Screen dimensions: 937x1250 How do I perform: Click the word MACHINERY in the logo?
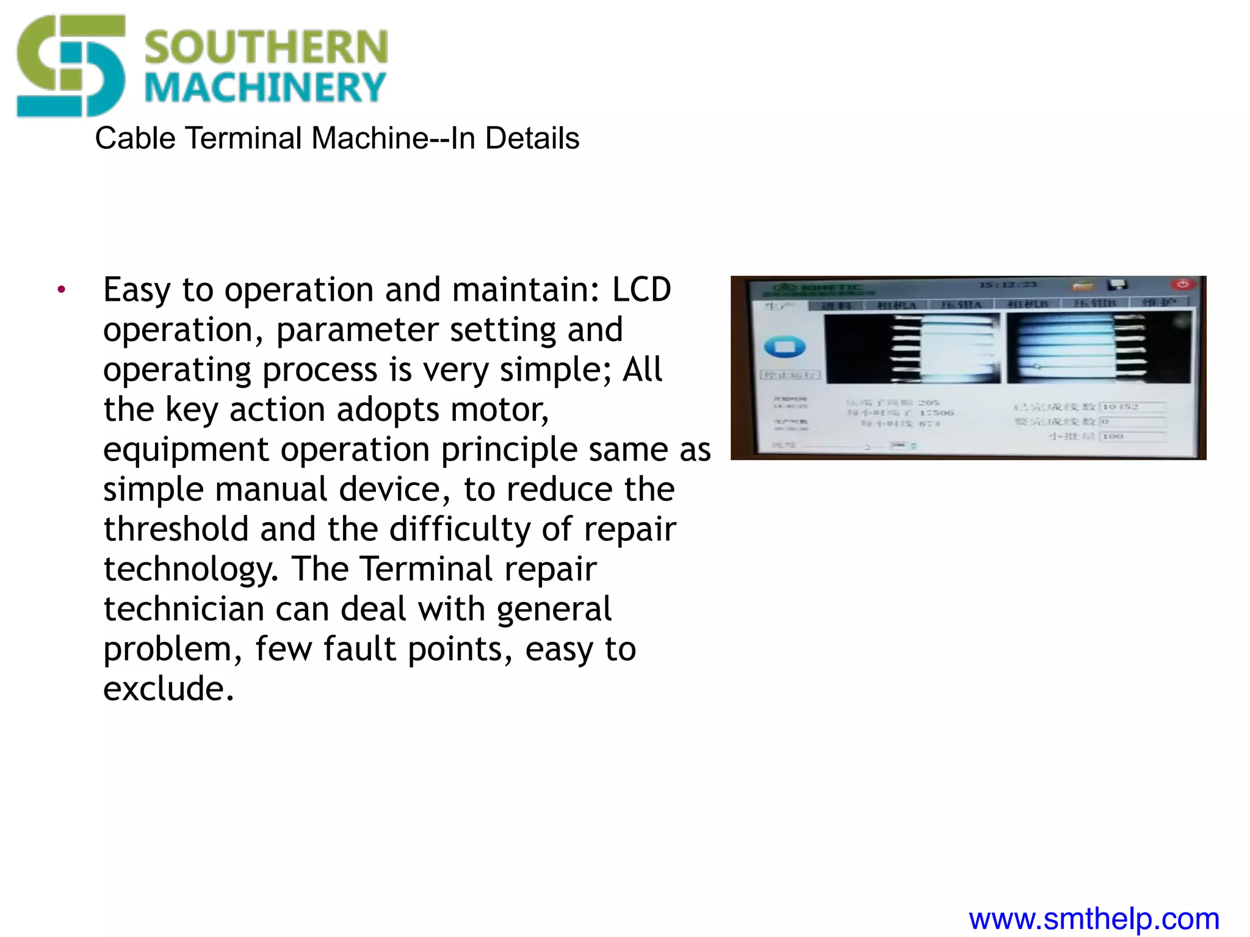265,88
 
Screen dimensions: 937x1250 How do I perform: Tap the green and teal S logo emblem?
71,66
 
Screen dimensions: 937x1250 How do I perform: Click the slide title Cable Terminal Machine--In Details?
337,138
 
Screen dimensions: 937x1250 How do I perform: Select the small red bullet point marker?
61,290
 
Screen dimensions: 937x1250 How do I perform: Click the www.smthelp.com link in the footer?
1094,919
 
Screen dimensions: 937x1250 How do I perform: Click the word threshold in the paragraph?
176,529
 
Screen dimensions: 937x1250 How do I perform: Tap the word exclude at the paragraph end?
168,689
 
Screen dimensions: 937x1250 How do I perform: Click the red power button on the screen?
1182,284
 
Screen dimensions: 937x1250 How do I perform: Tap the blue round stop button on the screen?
785,347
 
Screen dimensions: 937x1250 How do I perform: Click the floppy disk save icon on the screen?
1118,285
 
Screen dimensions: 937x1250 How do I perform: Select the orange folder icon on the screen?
1082,285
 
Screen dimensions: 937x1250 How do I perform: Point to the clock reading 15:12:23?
1007,285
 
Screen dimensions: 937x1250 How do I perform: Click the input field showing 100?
1132,436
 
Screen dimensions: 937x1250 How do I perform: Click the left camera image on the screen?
912,348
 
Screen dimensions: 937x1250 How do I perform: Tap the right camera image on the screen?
1098,348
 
